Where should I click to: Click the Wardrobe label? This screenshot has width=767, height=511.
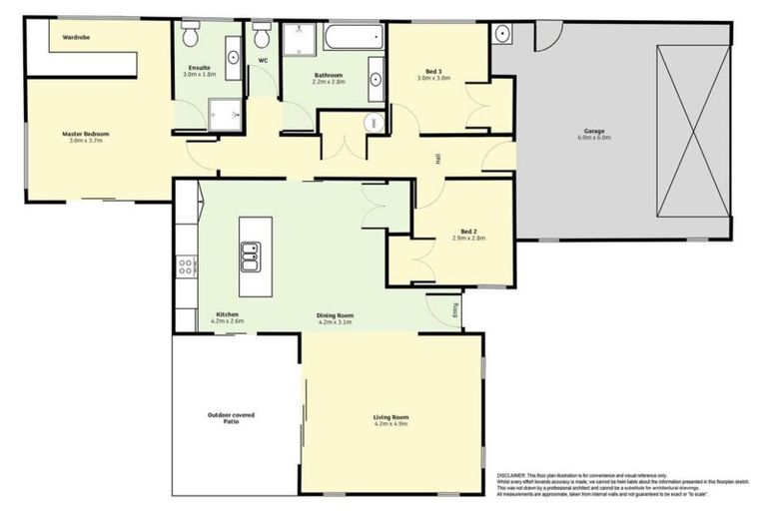(x=77, y=37)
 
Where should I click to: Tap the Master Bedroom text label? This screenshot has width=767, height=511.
(x=85, y=134)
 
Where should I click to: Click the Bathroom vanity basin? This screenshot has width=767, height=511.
(x=375, y=80)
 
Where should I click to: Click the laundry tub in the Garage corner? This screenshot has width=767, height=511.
(x=501, y=35)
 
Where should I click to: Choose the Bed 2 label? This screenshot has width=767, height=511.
(x=467, y=231)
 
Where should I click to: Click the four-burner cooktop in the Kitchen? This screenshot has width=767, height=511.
(x=186, y=266)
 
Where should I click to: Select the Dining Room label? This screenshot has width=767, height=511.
(x=337, y=315)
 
